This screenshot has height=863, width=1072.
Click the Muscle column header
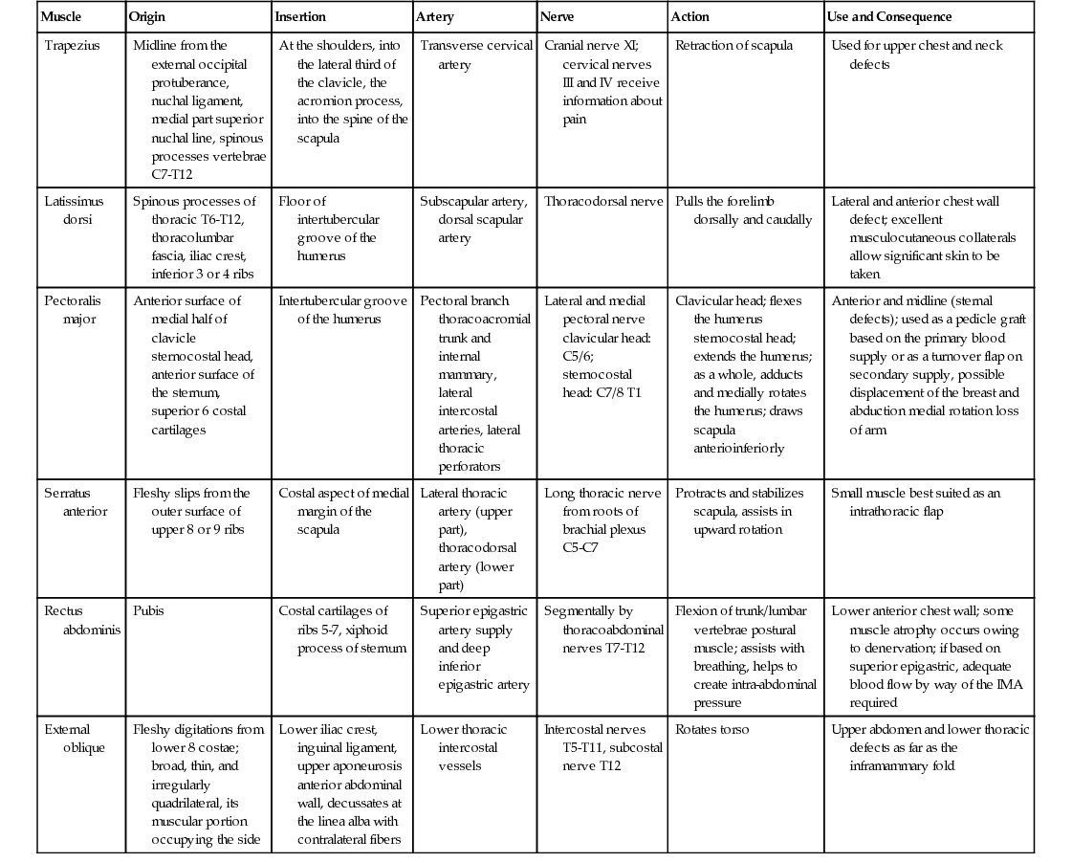coord(60,17)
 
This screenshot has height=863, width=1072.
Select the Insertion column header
coord(300,17)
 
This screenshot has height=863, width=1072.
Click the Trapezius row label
coord(72,45)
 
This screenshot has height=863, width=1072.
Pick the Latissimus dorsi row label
coord(74,210)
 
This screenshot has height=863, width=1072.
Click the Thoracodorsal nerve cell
coord(602,202)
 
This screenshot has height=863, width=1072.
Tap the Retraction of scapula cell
coord(733,45)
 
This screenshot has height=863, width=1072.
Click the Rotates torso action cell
coord(712,729)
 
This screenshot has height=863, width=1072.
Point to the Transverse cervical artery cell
coord(475,55)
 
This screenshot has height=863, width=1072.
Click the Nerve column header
coord(557,17)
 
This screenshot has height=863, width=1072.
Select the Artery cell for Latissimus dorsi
coord(472,219)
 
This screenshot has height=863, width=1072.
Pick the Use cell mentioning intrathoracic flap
coord(915,502)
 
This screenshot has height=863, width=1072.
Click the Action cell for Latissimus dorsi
coord(743,210)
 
